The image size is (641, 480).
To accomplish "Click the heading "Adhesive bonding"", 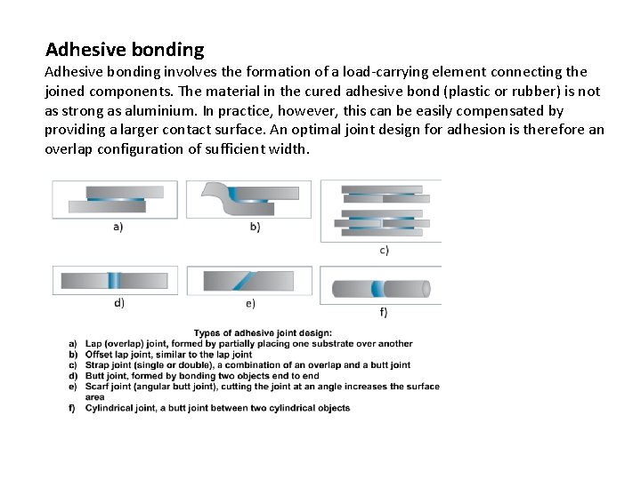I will (125, 50).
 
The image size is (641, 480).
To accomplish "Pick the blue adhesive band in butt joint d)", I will (114, 280).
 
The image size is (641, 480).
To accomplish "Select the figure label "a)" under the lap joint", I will (117, 226).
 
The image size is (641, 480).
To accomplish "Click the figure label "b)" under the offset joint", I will (255, 227).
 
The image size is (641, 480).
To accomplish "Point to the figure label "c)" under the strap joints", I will (384, 250).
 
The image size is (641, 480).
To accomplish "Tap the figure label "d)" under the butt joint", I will (118, 302).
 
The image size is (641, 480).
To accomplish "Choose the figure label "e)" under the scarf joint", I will (250, 303).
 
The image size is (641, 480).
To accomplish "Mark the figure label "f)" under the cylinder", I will (384, 311).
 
